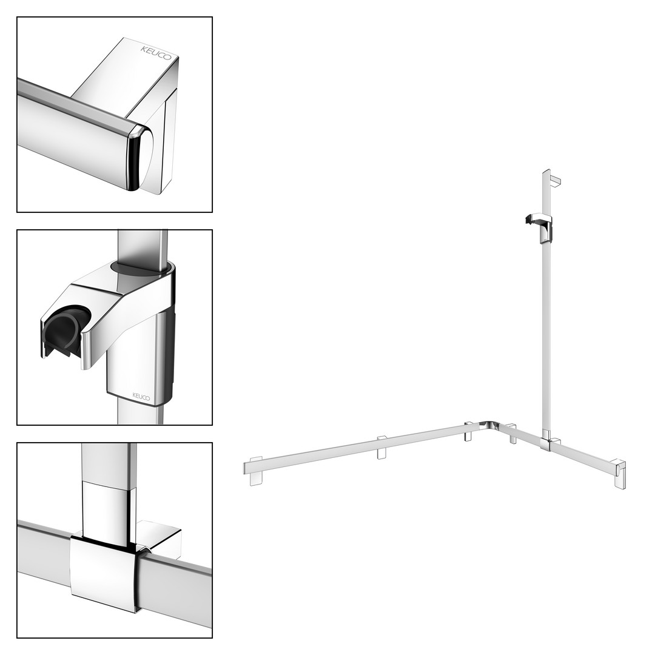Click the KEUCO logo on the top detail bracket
pyautogui.click(x=155, y=53)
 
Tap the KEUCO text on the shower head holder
pyautogui.click(x=141, y=396)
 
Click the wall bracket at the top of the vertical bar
pyautogui.click(x=555, y=181)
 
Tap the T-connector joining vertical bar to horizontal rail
pyautogui.click(x=548, y=443)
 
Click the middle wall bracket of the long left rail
pyautogui.click(x=382, y=448)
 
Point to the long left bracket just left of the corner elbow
pyautogui.click(x=469, y=432)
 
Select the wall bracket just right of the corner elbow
pyautogui.click(x=512, y=434)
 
